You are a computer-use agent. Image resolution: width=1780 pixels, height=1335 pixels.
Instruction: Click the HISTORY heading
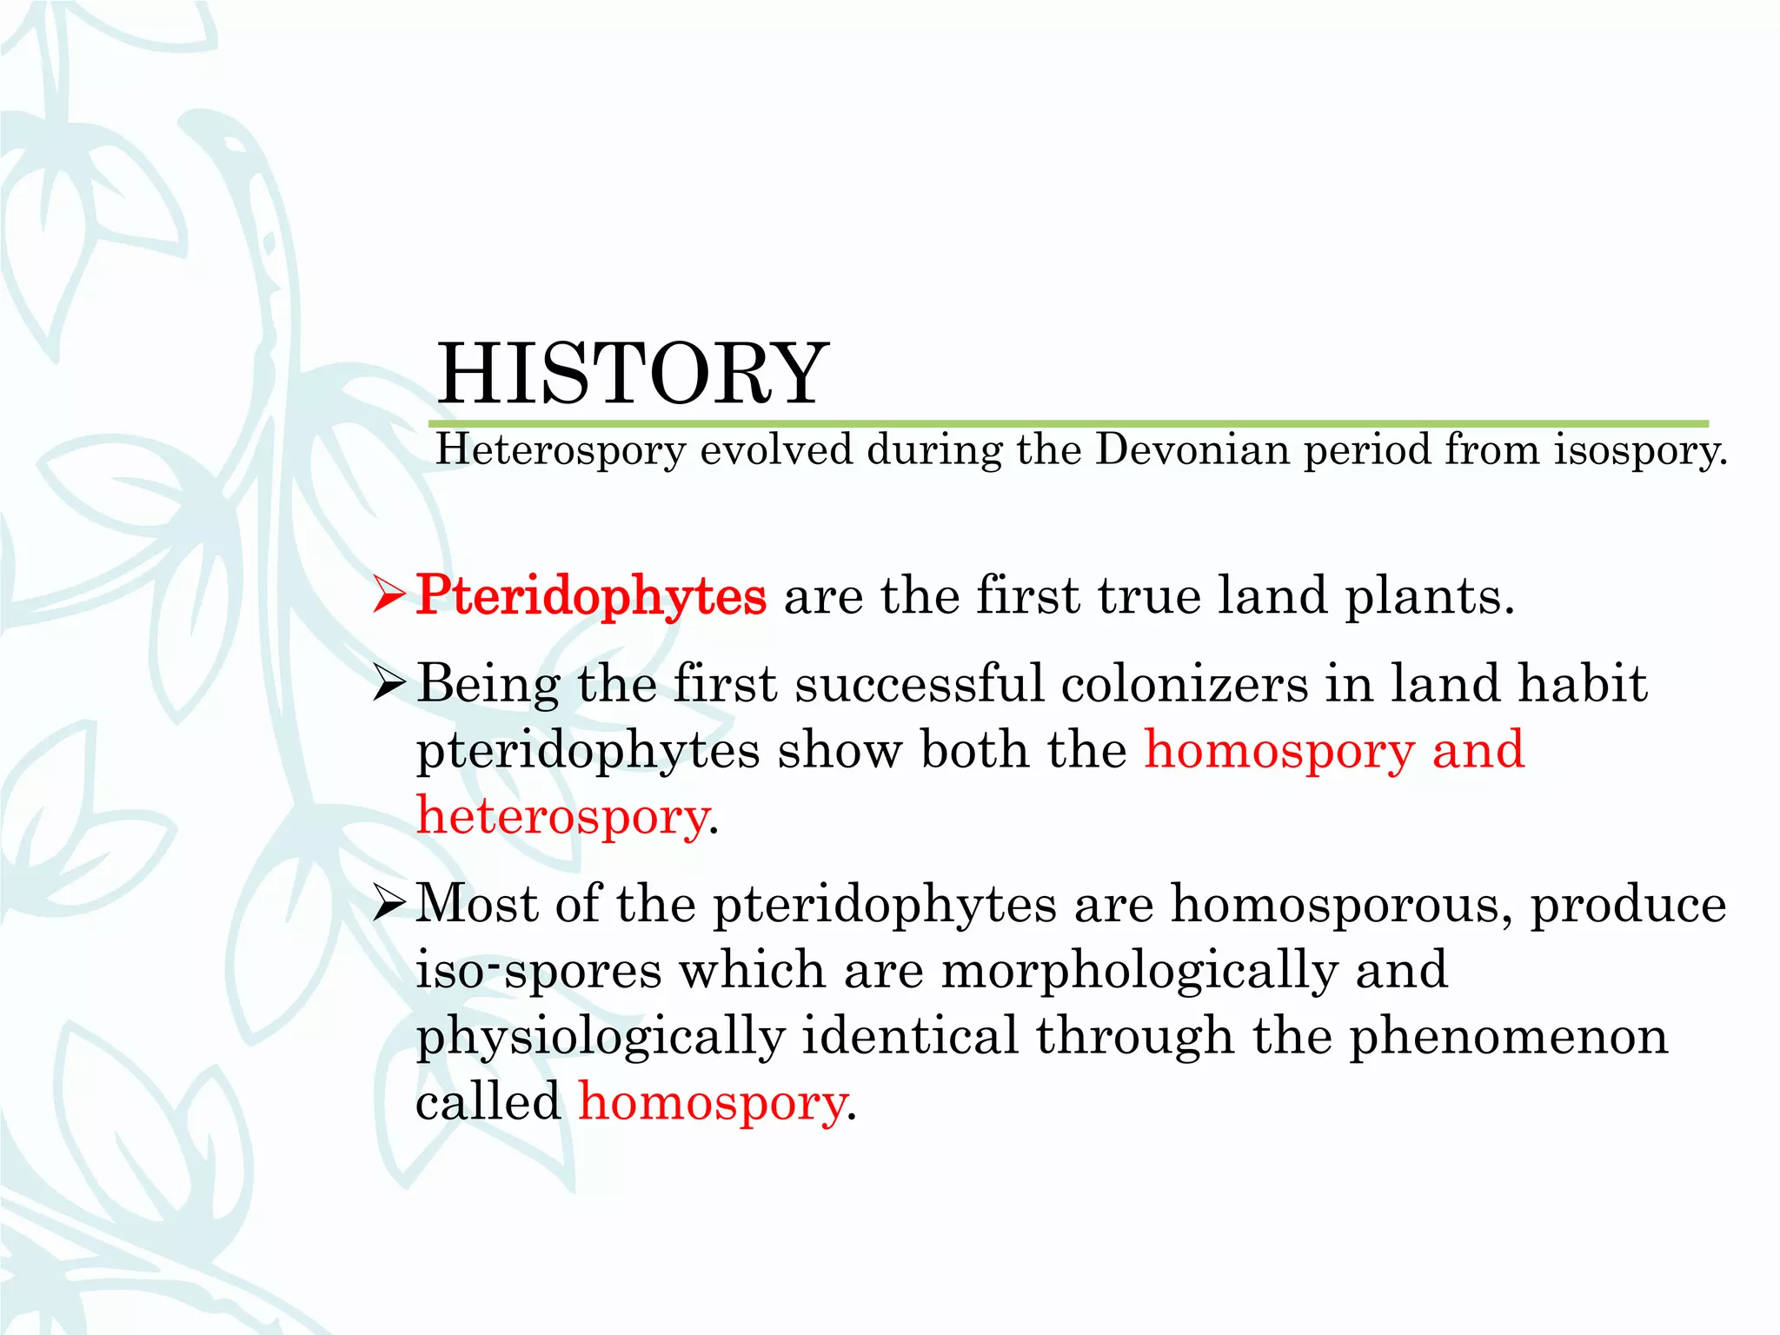coord(633,374)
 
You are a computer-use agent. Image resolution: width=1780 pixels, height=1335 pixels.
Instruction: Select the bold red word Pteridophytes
coord(591,596)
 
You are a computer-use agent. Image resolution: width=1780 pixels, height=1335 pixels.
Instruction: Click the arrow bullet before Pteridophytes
coord(388,596)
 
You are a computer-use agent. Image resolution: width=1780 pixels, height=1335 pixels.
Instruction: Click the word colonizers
coord(1185,683)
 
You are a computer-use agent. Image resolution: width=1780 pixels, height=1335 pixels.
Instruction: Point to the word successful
coord(919,683)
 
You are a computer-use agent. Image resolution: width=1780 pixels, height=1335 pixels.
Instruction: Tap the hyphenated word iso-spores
coord(538,971)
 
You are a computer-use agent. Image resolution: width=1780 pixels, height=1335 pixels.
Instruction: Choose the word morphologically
coord(1139,971)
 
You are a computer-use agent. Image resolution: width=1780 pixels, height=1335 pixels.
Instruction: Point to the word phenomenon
coord(1508,1036)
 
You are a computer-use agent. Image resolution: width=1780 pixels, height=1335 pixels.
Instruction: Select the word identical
coord(909,1036)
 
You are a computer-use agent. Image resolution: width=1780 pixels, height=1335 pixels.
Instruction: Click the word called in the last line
coord(488,1102)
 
